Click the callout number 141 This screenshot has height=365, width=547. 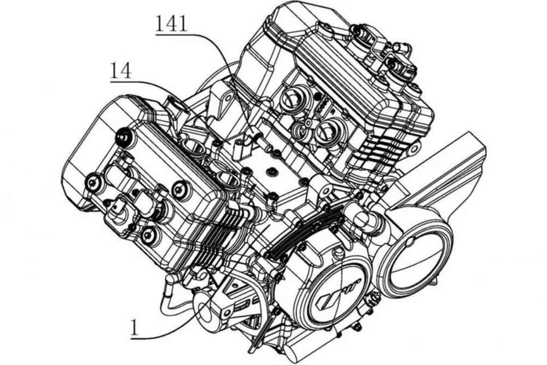pos(171,23)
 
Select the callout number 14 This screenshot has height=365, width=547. pos(121,71)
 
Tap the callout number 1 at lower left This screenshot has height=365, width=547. pos(135,327)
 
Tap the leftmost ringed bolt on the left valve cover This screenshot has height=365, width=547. pos(93,182)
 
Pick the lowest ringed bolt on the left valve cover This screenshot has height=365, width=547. pos(148,235)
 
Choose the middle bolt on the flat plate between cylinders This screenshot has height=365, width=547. pos(271,172)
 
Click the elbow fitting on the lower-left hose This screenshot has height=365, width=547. pos(171,281)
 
